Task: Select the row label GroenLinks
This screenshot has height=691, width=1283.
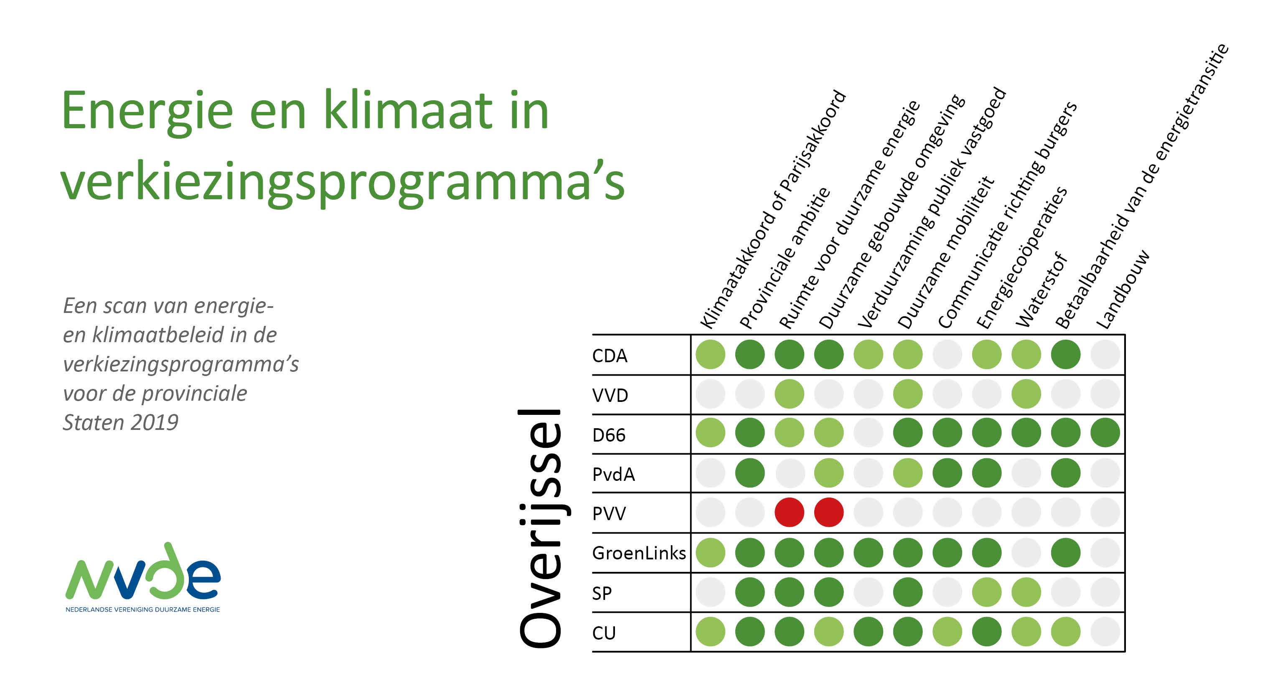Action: (639, 553)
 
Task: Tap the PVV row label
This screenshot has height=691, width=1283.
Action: (609, 513)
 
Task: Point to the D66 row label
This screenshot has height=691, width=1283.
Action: (609, 435)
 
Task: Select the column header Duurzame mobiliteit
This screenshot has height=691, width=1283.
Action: (946, 252)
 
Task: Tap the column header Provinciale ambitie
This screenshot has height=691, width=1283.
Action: (785, 258)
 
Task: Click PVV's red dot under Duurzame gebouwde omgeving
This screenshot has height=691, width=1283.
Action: (829, 513)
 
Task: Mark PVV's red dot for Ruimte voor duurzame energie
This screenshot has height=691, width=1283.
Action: (790, 513)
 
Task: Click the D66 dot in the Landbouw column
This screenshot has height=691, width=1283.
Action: (1105, 433)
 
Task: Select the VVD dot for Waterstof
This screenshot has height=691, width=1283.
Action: (1026, 394)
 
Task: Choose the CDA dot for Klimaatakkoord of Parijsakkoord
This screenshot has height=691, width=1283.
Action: (710, 355)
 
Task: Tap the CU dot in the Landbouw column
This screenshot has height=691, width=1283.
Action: (1105, 632)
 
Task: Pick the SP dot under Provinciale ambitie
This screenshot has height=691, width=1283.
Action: (750, 592)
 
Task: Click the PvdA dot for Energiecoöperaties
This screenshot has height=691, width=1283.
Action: (987, 473)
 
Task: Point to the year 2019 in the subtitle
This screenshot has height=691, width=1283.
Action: (155, 422)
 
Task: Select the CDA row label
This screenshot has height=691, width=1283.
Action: (610, 356)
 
